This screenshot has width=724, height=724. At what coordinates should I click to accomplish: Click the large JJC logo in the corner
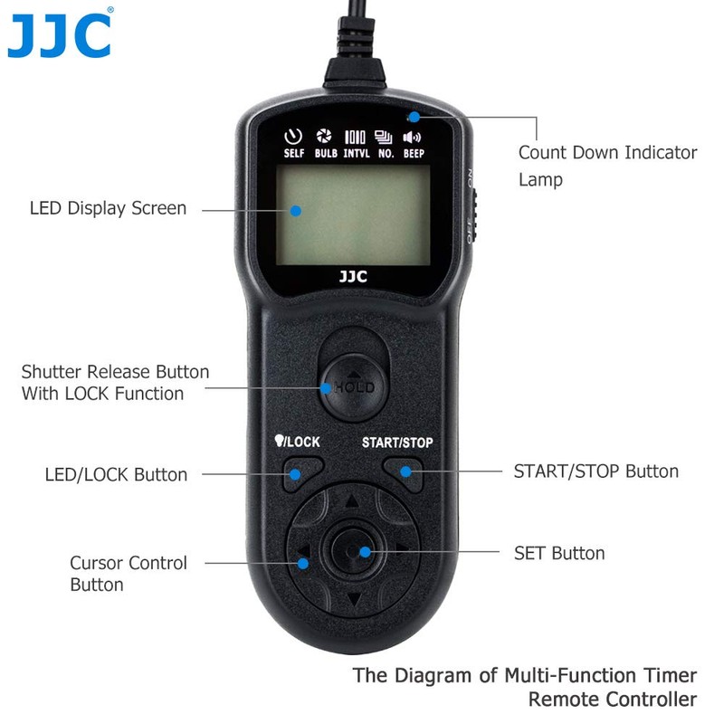[60, 35]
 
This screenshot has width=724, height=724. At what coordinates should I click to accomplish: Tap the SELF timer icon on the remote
[293, 138]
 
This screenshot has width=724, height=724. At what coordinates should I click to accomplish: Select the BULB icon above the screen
[325, 138]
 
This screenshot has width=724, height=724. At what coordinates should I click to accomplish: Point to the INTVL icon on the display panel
[355, 138]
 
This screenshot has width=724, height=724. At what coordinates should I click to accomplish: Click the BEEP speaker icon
[413, 138]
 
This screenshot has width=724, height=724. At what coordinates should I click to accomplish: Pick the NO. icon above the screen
[385, 138]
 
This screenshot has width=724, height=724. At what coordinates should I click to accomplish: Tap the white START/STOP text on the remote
[397, 443]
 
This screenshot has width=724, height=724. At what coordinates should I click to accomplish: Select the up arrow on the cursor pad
[352, 500]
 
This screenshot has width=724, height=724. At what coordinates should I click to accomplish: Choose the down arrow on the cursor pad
[353, 598]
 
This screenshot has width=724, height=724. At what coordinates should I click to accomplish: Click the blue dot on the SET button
[365, 551]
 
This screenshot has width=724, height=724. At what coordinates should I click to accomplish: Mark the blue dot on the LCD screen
[296, 211]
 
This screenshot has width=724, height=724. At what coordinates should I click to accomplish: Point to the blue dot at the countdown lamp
[414, 117]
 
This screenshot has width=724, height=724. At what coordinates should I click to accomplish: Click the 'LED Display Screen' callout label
[108, 208]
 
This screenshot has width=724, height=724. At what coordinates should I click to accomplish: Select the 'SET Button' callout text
[559, 553]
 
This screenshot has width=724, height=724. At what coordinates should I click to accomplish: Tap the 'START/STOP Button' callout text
[595, 472]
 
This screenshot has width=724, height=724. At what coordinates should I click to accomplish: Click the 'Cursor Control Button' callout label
[129, 574]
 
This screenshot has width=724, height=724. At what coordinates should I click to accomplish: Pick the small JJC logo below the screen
[353, 277]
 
